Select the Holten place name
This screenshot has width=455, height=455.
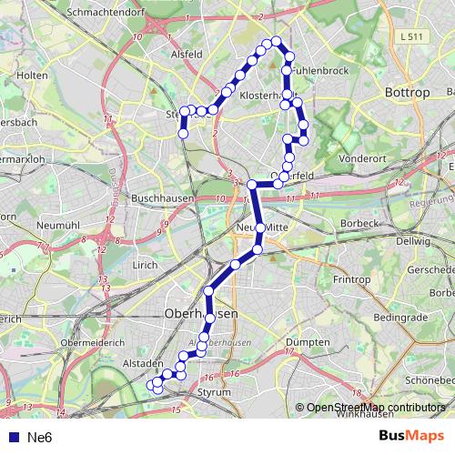tap(32, 75)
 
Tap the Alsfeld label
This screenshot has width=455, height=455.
tap(187, 54)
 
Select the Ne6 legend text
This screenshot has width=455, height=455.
tap(40, 437)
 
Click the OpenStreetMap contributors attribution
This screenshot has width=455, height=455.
tap(376, 408)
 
